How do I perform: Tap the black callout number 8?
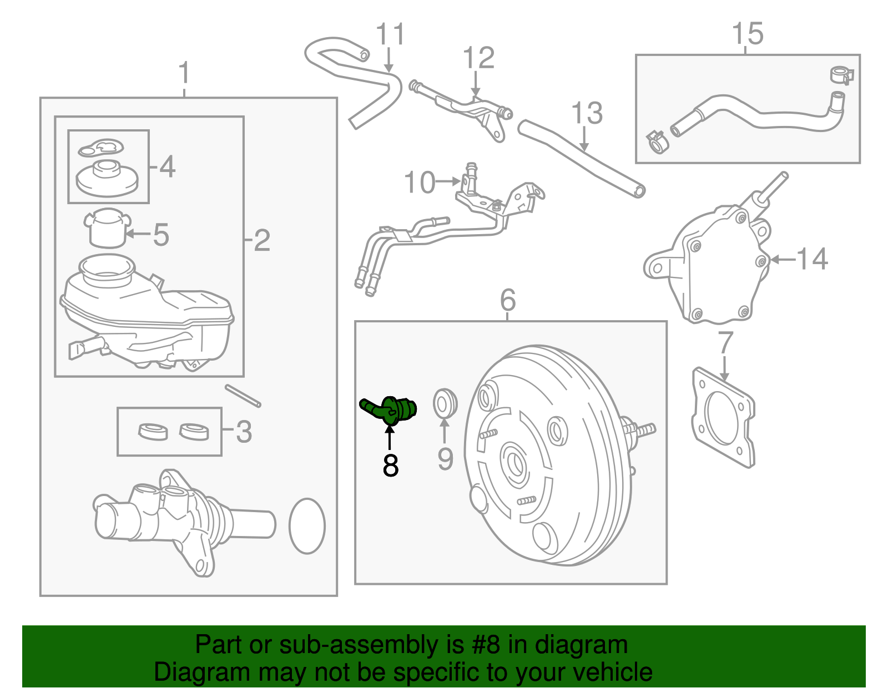[x=390, y=465]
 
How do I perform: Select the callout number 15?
[x=748, y=33]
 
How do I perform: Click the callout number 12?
[x=478, y=58]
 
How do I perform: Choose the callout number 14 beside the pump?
[x=813, y=259]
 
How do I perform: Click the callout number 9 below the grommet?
[x=446, y=459]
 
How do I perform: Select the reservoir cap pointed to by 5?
[x=108, y=228]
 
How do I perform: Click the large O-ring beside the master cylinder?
[x=307, y=526]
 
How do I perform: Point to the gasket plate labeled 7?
[x=723, y=417]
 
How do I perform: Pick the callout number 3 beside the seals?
[x=244, y=431]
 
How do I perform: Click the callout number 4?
[x=168, y=166]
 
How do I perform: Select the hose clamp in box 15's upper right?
[x=842, y=75]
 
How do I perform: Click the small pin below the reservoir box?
[x=243, y=396]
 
